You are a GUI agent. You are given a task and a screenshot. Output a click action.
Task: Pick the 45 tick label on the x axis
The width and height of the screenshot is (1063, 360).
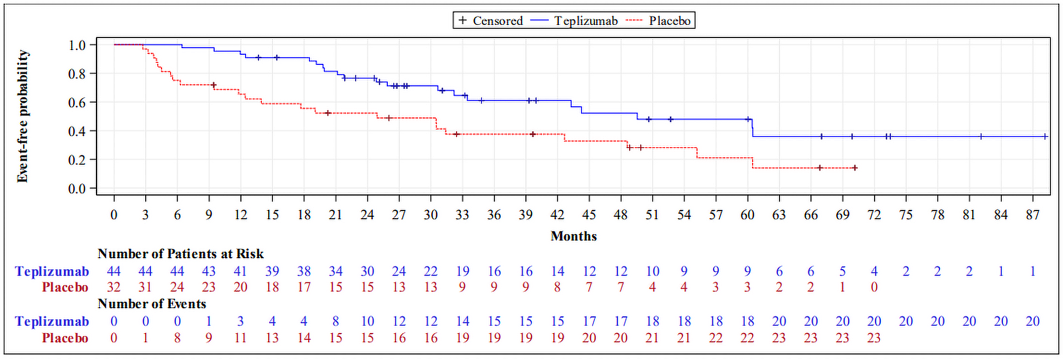tap(589, 215)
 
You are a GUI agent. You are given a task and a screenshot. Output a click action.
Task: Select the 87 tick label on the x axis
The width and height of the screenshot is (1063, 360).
tap(1032, 215)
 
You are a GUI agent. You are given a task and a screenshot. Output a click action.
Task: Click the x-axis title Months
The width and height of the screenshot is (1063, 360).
tap(574, 236)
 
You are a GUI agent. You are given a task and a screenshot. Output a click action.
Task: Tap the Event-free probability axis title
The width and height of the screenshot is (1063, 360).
tap(23, 116)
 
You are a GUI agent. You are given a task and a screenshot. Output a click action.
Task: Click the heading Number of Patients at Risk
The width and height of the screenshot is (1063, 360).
tap(180, 254)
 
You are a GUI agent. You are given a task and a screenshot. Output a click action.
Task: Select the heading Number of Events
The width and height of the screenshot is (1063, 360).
tap(152, 304)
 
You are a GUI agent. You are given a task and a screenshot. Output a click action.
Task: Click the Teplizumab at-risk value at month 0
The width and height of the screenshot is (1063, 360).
tap(114, 271)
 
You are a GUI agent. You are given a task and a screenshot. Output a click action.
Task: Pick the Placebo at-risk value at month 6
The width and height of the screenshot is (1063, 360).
tap(177, 288)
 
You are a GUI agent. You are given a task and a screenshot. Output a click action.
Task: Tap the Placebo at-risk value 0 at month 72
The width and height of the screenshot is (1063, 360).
tap(874, 288)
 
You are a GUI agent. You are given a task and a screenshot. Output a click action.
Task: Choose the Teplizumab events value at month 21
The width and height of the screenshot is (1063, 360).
tap(336, 322)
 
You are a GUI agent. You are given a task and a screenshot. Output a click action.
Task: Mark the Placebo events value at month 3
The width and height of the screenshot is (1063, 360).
tap(145, 338)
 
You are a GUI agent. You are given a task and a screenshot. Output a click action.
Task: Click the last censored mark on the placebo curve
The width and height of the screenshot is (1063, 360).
tap(855, 168)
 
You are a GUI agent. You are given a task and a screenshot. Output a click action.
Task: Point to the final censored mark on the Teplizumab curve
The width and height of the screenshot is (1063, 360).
tap(1045, 137)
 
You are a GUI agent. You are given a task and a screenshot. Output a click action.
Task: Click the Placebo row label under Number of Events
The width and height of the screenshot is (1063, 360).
tap(65, 338)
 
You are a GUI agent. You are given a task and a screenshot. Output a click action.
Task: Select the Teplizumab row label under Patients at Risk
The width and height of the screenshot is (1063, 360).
tap(52, 271)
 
